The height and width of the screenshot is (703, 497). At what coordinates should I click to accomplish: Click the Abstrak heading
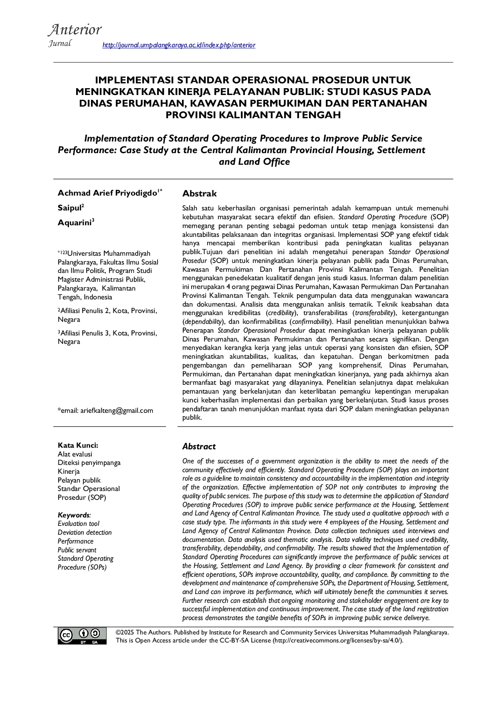(x=199, y=194)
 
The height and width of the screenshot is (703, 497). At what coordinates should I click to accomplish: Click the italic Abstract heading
(x=199, y=446)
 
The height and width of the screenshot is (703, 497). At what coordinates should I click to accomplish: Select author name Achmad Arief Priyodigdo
(x=107, y=193)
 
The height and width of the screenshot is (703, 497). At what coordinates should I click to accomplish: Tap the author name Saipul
(x=70, y=208)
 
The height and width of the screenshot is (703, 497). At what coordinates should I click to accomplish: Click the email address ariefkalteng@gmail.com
(x=117, y=410)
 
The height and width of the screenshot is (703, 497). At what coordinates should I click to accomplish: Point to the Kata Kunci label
(x=78, y=445)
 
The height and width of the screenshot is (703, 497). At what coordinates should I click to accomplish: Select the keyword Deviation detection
(x=85, y=532)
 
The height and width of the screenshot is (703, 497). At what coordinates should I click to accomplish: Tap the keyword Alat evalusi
(x=75, y=454)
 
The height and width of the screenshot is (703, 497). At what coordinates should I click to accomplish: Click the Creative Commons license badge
(x=82, y=636)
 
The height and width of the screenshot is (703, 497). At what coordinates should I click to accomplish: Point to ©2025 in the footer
(x=125, y=632)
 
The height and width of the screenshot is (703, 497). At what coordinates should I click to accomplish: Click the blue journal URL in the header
(x=179, y=45)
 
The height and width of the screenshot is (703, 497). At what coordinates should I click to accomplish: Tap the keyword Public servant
(x=77, y=550)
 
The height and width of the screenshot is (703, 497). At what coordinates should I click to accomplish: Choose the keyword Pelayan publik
(x=79, y=480)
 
